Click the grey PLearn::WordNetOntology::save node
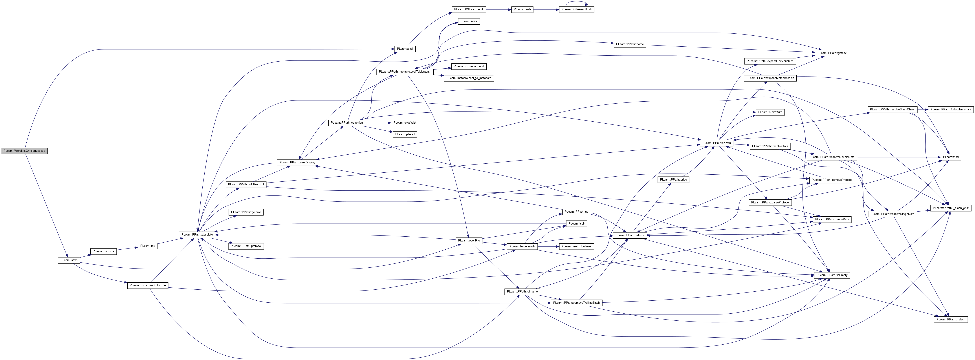24,151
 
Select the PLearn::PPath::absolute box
197,235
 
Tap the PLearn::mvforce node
103,251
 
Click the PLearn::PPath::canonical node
347,123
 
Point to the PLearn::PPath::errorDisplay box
297,162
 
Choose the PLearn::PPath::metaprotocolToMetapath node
405,71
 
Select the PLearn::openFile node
469,241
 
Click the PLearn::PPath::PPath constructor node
716,143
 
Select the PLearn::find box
951,157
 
